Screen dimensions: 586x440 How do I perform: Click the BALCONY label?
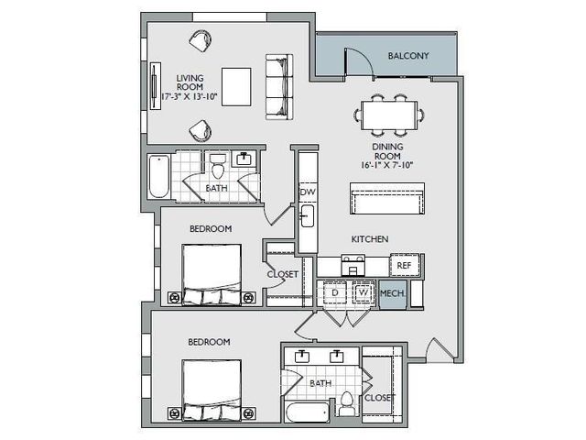408,56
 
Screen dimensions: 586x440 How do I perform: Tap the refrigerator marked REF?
405,265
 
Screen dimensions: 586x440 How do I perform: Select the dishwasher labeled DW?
308,192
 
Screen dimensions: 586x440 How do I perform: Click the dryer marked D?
335,291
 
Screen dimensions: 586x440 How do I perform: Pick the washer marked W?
363,291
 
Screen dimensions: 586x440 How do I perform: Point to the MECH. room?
393,294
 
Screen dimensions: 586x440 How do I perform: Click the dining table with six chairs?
389,115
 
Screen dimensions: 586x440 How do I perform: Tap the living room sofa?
279,87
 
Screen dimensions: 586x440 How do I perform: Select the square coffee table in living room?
236,87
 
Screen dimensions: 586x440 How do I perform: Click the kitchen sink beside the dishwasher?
308,216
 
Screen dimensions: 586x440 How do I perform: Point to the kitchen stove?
353,265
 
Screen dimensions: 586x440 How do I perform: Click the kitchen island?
387,198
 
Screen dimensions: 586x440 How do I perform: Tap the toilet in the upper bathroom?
218,166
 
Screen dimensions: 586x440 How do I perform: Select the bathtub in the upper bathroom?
158,176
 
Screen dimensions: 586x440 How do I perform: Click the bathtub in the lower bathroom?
308,412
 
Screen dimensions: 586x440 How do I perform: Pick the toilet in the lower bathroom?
347,404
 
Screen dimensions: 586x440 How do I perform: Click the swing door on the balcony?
358,63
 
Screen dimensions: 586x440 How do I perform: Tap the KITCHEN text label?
370,239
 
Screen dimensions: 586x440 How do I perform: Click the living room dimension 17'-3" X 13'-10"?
190,96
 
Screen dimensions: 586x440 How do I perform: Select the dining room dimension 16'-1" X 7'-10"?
387,165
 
